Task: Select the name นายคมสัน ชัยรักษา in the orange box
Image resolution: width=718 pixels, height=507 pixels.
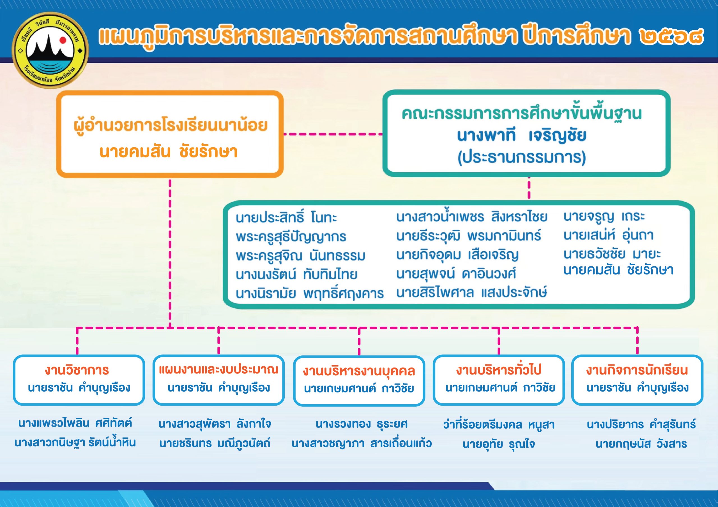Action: tap(169, 152)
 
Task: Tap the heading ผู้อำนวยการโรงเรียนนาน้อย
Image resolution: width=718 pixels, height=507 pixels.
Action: tap(171, 126)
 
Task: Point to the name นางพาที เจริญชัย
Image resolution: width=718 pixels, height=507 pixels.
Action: tap(521, 136)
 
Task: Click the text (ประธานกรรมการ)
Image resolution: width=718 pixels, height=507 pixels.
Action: tap(522, 157)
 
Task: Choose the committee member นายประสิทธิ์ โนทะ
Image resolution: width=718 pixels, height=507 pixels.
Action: tap(286, 217)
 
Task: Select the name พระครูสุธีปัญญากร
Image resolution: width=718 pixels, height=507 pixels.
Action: tap(291, 237)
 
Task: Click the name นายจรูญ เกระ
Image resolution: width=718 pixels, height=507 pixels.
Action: tap(604, 216)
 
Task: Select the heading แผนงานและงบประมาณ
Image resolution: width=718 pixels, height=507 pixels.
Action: tap(218, 369)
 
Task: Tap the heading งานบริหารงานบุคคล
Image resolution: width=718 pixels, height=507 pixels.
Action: tap(359, 371)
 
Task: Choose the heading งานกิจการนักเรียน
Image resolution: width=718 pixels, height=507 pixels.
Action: tap(637, 370)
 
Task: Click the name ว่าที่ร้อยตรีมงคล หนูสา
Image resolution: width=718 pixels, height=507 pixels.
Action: tap(499, 425)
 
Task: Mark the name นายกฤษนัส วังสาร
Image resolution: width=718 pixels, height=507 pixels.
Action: tap(641, 444)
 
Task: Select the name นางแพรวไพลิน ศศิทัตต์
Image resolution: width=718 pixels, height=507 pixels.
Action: tap(75, 423)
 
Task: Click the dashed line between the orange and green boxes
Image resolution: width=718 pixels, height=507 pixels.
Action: tap(333, 134)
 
